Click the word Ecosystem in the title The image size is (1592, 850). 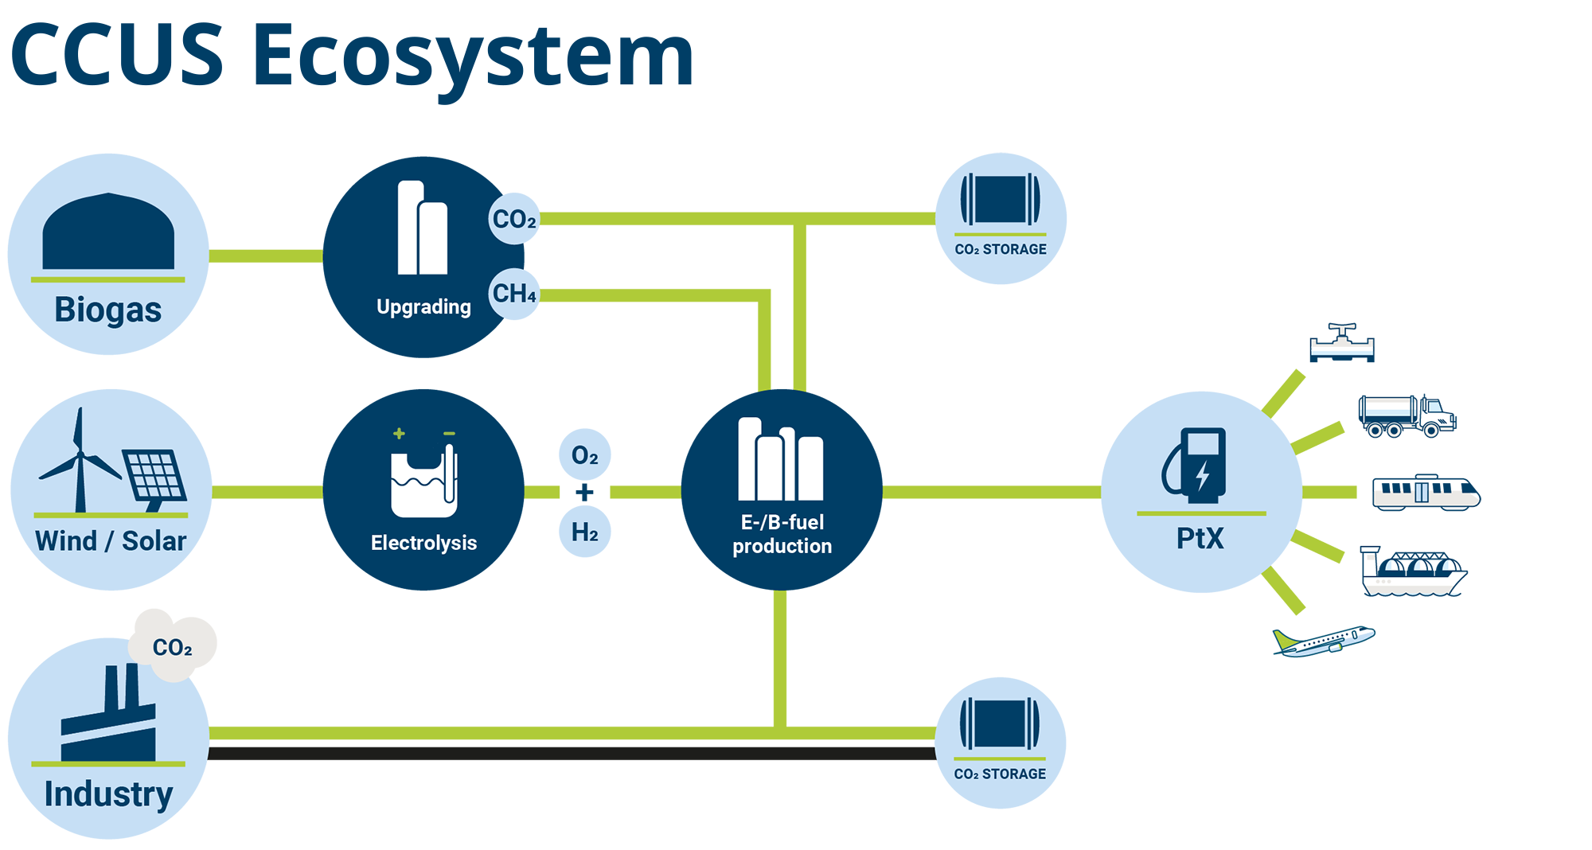click(473, 57)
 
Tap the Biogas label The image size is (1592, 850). click(108, 310)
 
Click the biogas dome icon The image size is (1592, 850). click(108, 232)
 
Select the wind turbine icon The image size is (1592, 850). click(79, 462)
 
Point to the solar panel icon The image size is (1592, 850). click(154, 478)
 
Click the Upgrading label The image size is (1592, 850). click(423, 307)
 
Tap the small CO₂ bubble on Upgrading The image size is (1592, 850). click(514, 219)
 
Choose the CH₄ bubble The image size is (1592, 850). click(514, 294)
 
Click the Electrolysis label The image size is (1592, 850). click(423, 543)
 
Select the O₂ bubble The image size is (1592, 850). click(585, 456)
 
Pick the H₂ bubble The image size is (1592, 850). click(585, 532)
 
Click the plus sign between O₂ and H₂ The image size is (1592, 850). click(585, 493)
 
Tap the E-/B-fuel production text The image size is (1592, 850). click(782, 534)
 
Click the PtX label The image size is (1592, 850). click(1200, 539)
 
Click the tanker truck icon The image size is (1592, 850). click(1407, 416)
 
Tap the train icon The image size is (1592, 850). click(1426, 493)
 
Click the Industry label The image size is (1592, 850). click(108, 794)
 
